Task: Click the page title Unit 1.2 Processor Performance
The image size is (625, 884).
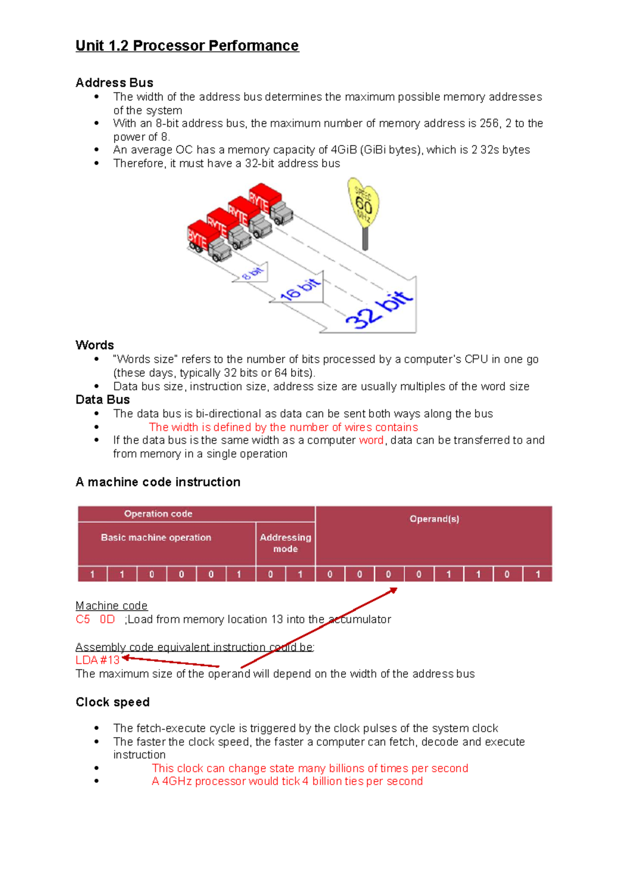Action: [x=187, y=46]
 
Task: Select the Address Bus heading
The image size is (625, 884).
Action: [x=114, y=83]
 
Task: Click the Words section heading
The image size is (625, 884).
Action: [x=94, y=345]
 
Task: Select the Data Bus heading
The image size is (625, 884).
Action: [x=103, y=399]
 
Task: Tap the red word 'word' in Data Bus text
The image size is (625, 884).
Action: [x=371, y=440]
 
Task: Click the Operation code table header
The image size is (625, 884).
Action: [x=158, y=514]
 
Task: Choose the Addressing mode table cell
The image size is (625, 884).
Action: [x=285, y=543]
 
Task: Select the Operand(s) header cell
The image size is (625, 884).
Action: [x=434, y=519]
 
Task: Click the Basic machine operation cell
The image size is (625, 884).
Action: [x=156, y=537]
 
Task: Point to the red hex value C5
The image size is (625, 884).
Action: [x=83, y=620]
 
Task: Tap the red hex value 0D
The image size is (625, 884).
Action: [x=107, y=620]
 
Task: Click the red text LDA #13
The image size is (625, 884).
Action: [x=97, y=660]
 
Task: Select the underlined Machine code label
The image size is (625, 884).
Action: [x=111, y=606]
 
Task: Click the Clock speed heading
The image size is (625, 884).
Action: [x=113, y=702]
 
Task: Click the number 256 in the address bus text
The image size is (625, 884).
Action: [x=489, y=123]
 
